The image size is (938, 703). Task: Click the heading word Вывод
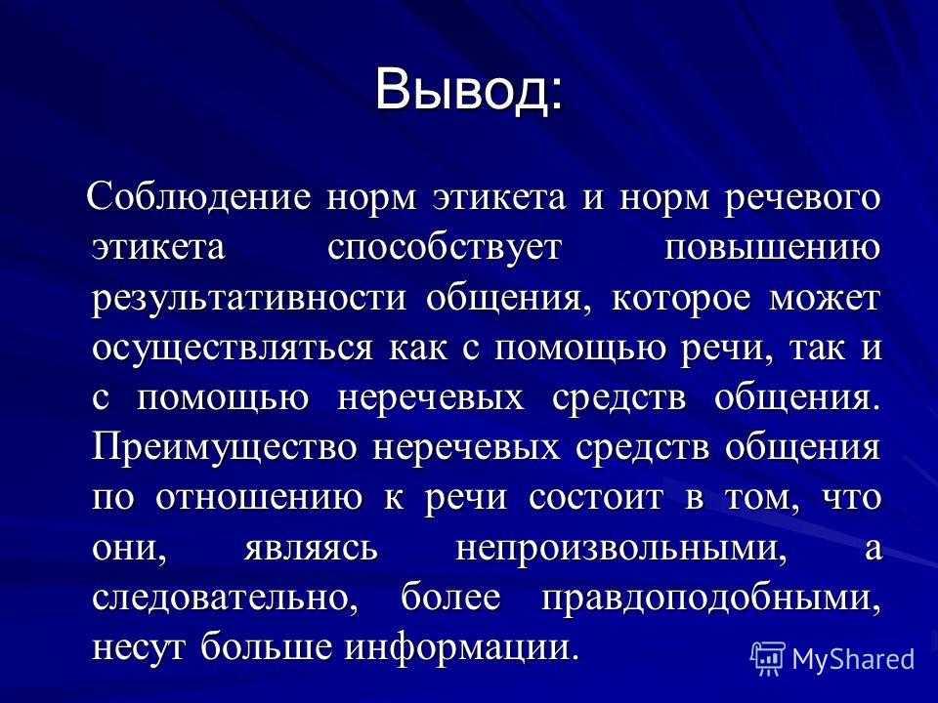point(463,90)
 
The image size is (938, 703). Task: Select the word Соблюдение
point(199,197)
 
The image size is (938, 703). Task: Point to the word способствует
point(445,248)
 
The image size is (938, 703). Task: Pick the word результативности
point(249,299)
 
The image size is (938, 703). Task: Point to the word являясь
point(311,548)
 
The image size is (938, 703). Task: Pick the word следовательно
point(225,599)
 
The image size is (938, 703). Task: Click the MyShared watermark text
point(853,659)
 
